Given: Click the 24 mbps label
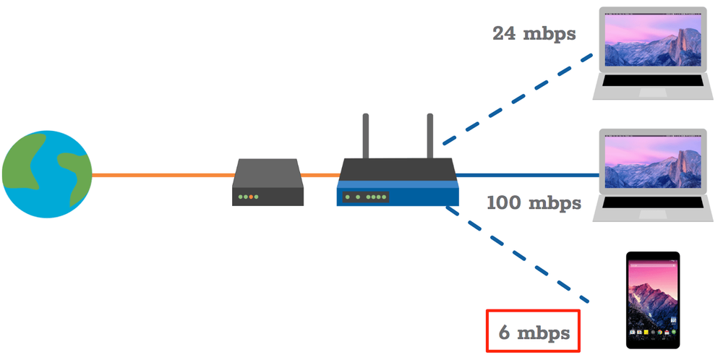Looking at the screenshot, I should click(534, 33).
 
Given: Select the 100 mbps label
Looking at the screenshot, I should click(534, 202).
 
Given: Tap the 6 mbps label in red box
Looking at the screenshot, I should click(534, 332).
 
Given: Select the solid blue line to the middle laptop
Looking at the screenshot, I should click(528, 175).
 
